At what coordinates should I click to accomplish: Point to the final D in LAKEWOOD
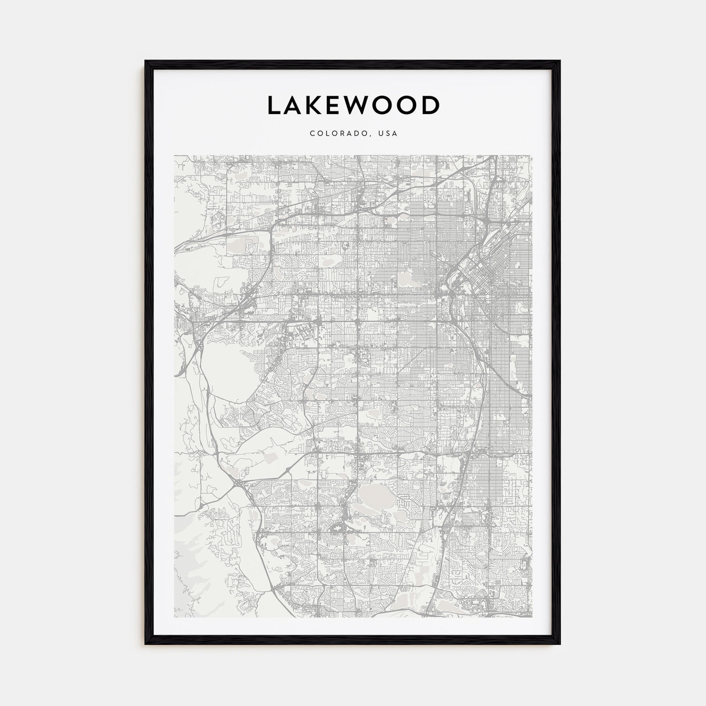click(432, 105)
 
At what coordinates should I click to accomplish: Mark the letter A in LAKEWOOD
click(295, 105)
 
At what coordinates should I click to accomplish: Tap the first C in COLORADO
click(312, 134)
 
